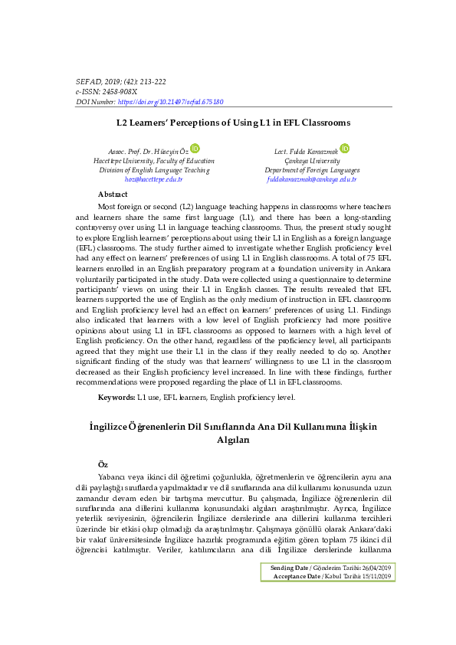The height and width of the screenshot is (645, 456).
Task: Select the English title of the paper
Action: click(x=233, y=123)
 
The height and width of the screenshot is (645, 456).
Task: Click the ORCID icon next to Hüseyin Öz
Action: click(x=195, y=148)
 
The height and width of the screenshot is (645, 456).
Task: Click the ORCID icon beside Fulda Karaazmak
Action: click(x=345, y=148)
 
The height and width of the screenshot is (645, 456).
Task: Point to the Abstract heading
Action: click(x=113, y=195)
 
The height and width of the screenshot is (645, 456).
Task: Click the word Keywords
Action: click(x=116, y=398)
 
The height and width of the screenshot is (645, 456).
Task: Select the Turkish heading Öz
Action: click(x=103, y=464)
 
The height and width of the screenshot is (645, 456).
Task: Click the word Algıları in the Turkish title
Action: click(x=233, y=440)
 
